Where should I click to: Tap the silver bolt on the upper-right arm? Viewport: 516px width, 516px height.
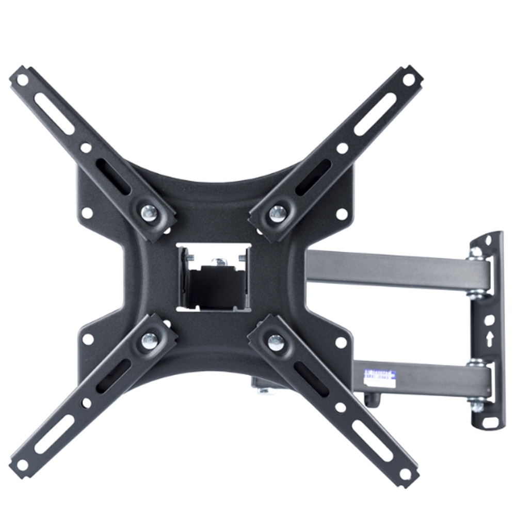pos(277,211)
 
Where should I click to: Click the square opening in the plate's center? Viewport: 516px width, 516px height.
pos(214,278)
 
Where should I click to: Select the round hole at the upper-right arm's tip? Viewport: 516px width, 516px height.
pos(409,80)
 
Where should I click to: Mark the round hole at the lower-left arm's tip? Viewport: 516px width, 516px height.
pos(22,464)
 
